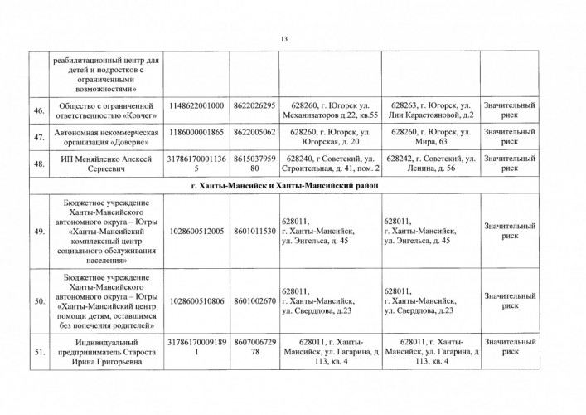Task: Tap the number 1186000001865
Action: [x=196, y=131]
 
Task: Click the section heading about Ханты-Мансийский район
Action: [x=283, y=186]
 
